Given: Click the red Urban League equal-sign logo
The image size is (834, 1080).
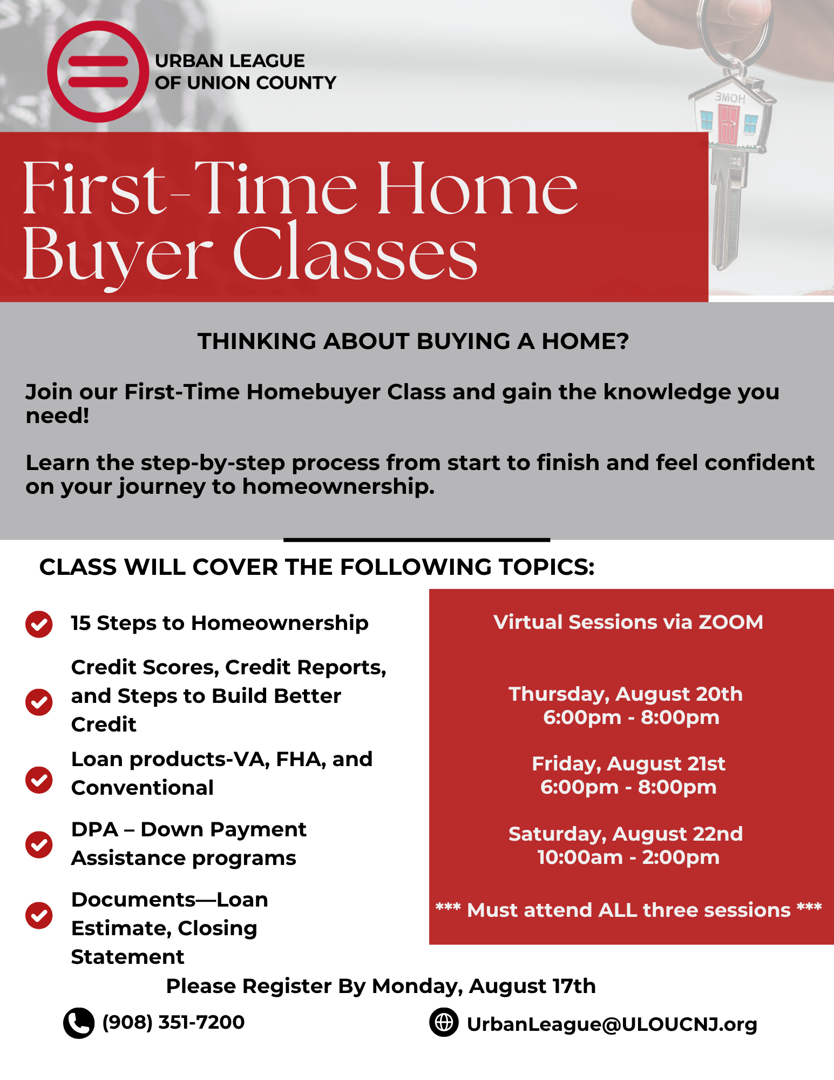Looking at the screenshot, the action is point(98,71).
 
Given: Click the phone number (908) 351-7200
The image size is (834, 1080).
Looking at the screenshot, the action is point(173,1022).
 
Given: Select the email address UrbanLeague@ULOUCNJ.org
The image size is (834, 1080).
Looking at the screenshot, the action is point(612,1024).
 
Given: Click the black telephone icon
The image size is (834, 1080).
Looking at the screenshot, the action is point(79,1023).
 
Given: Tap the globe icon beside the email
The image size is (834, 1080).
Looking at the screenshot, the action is point(444,1022).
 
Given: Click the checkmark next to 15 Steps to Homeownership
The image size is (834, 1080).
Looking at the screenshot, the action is point(39,624).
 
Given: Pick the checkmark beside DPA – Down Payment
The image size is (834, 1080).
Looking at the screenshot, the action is point(39,844).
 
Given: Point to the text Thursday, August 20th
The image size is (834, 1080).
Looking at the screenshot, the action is point(626,694).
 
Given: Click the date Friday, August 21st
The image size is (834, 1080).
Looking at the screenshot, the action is point(629,764).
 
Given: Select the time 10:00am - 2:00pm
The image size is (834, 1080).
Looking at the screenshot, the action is point(628,857).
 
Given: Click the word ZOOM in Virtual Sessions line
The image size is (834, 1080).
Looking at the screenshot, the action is point(731,622).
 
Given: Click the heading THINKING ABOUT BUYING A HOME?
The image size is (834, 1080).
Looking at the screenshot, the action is point(413,341).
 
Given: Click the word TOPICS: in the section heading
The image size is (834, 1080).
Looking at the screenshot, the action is point(546,567).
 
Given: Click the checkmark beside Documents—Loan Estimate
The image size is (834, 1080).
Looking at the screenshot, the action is point(39,915).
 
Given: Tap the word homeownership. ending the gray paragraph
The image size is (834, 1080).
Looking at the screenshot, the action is point(338,487).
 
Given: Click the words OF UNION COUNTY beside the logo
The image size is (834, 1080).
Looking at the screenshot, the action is point(246,83).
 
